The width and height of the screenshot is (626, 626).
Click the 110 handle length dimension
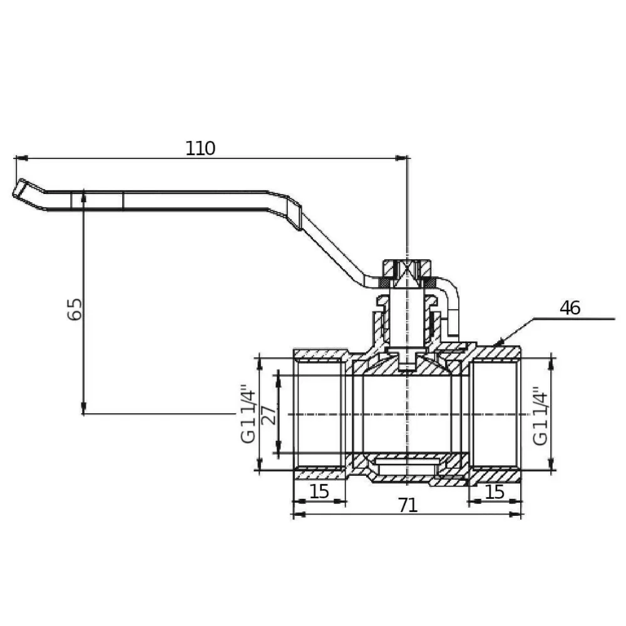[x=200, y=148]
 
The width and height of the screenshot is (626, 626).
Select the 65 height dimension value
[x=74, y=309]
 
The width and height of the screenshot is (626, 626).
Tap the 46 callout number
[x=570, y=308]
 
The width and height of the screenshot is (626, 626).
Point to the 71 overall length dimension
[x=408, y=505]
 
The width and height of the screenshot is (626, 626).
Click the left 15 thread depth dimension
[x=319, y=491]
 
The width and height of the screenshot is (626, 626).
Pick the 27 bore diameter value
[x=269, y=415]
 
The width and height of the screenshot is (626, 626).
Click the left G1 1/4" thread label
[x=248, y=414]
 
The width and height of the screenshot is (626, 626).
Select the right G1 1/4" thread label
[x=541, y=416]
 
